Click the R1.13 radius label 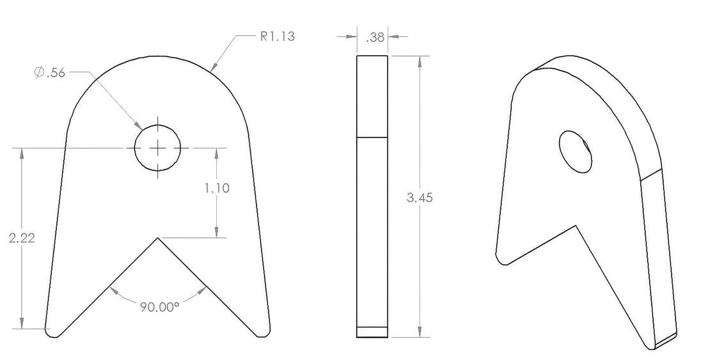point(277,36)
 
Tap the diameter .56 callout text point(50,72)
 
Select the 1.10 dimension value point(217,188)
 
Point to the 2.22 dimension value point(22,237)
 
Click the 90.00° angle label point(160,307)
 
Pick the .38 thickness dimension point(375,37)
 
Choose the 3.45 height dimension point(420,198)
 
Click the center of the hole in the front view point(158,148)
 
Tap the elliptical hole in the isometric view point(576,152)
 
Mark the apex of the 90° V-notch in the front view point(157,237)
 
